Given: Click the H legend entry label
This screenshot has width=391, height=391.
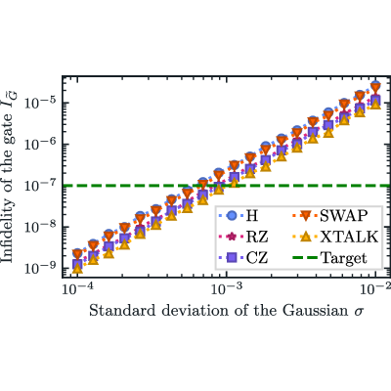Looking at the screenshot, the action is (x=252, y=216).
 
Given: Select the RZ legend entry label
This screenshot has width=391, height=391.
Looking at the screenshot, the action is (x=257, y=237).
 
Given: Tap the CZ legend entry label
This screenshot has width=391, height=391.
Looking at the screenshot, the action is (x=257, y=258).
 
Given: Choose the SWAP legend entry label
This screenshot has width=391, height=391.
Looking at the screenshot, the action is (x=343, y=216).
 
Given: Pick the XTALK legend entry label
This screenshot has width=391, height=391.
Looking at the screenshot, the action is (x=349, y=237).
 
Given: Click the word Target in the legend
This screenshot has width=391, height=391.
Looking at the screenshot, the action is (x=344, y=258).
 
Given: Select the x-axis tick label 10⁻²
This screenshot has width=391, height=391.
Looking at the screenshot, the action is (x=374, y=288).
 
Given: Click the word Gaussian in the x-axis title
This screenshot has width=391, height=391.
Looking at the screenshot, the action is (x=315, y=311).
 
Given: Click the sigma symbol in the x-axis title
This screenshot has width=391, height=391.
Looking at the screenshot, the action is (x=358, y=312).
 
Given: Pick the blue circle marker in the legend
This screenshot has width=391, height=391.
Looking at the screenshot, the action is (x=232, y=216).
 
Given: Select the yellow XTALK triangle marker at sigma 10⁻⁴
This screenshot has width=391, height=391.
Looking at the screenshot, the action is (x=77, y=269).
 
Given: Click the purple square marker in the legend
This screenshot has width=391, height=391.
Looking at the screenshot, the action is (x=232, y=258).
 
